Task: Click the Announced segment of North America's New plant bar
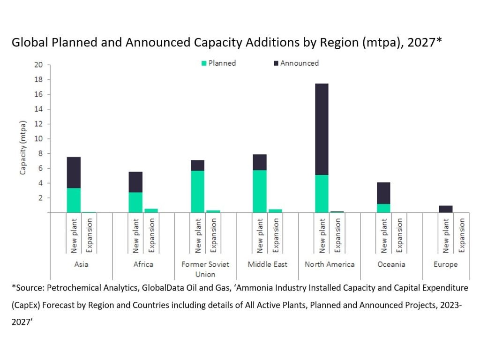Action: click(x=322, y=129)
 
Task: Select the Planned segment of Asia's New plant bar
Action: click(x=74, y=200)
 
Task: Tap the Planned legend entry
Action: click(x=218, y=63)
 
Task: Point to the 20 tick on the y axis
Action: click(x=38, y=65)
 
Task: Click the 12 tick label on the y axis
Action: click(x=38, y=124)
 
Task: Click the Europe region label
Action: click(x=445, y=264)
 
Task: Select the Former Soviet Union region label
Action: click(x=205, y=269)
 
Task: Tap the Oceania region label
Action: click(x=391, y=264)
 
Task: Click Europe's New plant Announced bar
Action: click(x=445, y=209)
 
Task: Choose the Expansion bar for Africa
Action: click(x=151, y=210)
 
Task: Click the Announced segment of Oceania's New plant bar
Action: click(x=383, y=193)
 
